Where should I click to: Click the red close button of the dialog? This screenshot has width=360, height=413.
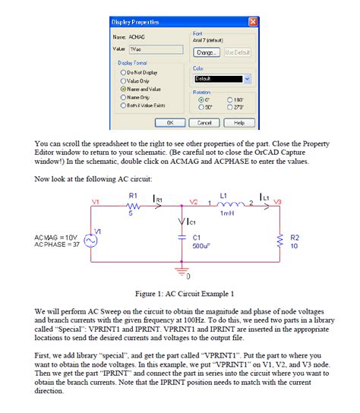pyautogui.click(x=252, y=21)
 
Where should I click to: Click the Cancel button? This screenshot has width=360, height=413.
pyautogui.click(x=204, y=122)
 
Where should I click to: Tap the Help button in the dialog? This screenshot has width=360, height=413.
pyautogui.click(x=239, y=122)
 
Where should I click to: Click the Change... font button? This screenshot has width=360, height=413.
pyautogui.click(x=204, y=52)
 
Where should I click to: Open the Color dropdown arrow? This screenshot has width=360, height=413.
pyautogui.click(x=246, y=78)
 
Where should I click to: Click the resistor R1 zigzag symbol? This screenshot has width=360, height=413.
pyautogui.click(x=133, y=205)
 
